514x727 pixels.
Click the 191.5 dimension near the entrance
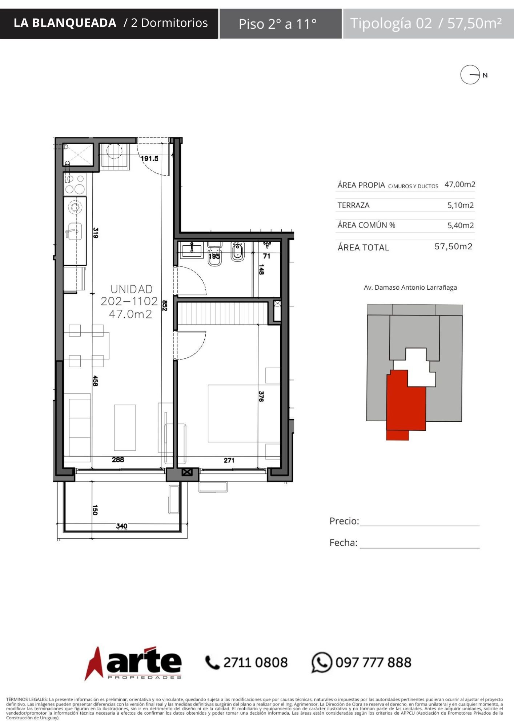click(149, 158)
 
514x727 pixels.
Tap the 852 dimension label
click(165, 305)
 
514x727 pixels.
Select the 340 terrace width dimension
click(121, 526)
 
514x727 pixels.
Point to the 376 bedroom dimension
click(261, 396)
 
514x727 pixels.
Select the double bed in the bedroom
click(244, 413)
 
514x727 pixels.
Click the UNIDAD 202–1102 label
click(130, 295)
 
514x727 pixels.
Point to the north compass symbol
click(470, 75)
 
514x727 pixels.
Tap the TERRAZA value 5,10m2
click(461, 205)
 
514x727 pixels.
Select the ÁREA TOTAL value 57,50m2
click(454, 246)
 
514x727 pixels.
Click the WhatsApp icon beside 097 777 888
click(322, 662)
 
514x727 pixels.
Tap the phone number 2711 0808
click(255, 662)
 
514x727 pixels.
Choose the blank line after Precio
click(419, 526)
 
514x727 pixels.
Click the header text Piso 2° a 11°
click(278, 24)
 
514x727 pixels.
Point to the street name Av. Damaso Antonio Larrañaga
click(410, 288)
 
